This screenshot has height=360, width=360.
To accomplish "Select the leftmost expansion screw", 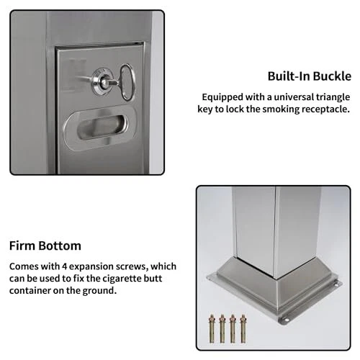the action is point(212,328).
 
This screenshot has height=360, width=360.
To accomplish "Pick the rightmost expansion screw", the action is point(243,328).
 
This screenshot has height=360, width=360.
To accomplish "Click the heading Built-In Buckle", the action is point(309,76).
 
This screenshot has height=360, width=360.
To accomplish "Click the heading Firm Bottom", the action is point(45,246).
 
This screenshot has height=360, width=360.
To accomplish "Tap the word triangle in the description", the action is point(333,97).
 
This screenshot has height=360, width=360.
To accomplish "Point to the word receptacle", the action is point(325,109).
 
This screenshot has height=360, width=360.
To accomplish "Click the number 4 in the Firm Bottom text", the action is point(64,266).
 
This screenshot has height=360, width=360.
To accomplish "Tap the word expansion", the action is point(91,267).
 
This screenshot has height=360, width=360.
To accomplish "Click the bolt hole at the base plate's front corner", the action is point(286,320).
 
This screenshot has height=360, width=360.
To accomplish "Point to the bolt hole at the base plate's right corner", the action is point(336,285).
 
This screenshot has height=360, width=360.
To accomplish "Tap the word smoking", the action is point(281,109).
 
